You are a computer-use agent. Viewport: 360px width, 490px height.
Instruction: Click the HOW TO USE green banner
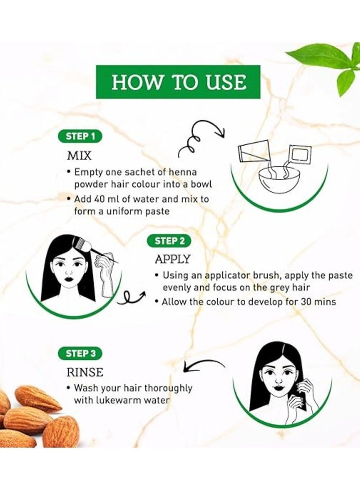click(x=178, y=82)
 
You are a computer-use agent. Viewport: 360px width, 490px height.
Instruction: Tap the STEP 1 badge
click(x=81, y=136)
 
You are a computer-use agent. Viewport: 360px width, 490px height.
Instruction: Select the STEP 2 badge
click(x=169, y=241)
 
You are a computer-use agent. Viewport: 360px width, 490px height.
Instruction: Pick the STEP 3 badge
click(x=81, y=354)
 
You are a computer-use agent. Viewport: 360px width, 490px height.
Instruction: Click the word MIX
click(x=79, y=156)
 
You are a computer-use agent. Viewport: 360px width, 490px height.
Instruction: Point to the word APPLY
click(x=173, y=259)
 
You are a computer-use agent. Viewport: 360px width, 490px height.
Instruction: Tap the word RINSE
click(x=85, y=372)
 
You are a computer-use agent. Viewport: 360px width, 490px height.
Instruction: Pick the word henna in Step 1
click(x=183, y=172)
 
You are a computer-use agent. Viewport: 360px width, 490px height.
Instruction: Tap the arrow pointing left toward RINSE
click(x=203, y=365)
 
